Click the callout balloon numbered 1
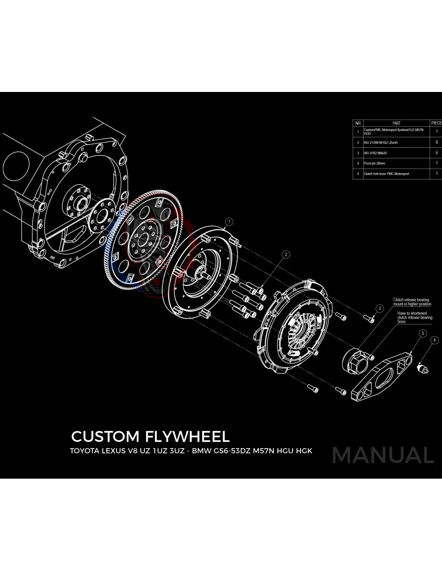[x=229, y=221]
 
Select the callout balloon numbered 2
[x=286, y=254]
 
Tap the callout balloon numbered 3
[x=380, y=308]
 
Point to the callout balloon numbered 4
[x=434, y=340]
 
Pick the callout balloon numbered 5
[x=422, y=333]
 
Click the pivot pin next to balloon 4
[x=424, y=368]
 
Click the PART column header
[x=396, y=123]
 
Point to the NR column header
[x=358, y=123]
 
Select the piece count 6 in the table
[x=436, y=153]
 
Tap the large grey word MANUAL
[x=383, y=455]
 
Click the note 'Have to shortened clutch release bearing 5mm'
[x=415, y=317]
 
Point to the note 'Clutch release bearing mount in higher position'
[x=412, y=302]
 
